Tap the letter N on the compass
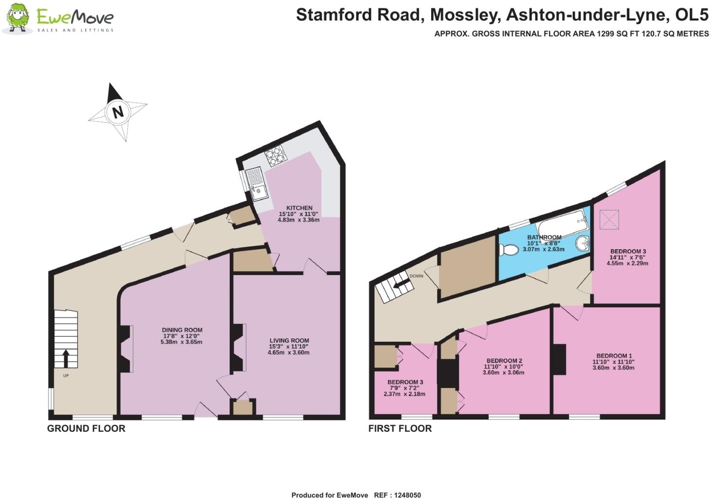coord(117,112)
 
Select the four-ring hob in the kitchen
coord(275,156)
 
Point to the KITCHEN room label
coord(299,208)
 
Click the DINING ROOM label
coord(182,330)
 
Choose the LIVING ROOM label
coord(289,341)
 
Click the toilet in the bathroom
coord(509,249)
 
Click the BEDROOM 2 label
coord(504,361)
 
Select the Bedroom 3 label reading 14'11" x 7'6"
coord(628,252)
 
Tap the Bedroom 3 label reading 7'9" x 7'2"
coord(405,382)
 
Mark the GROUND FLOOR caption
coord(86,428)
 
